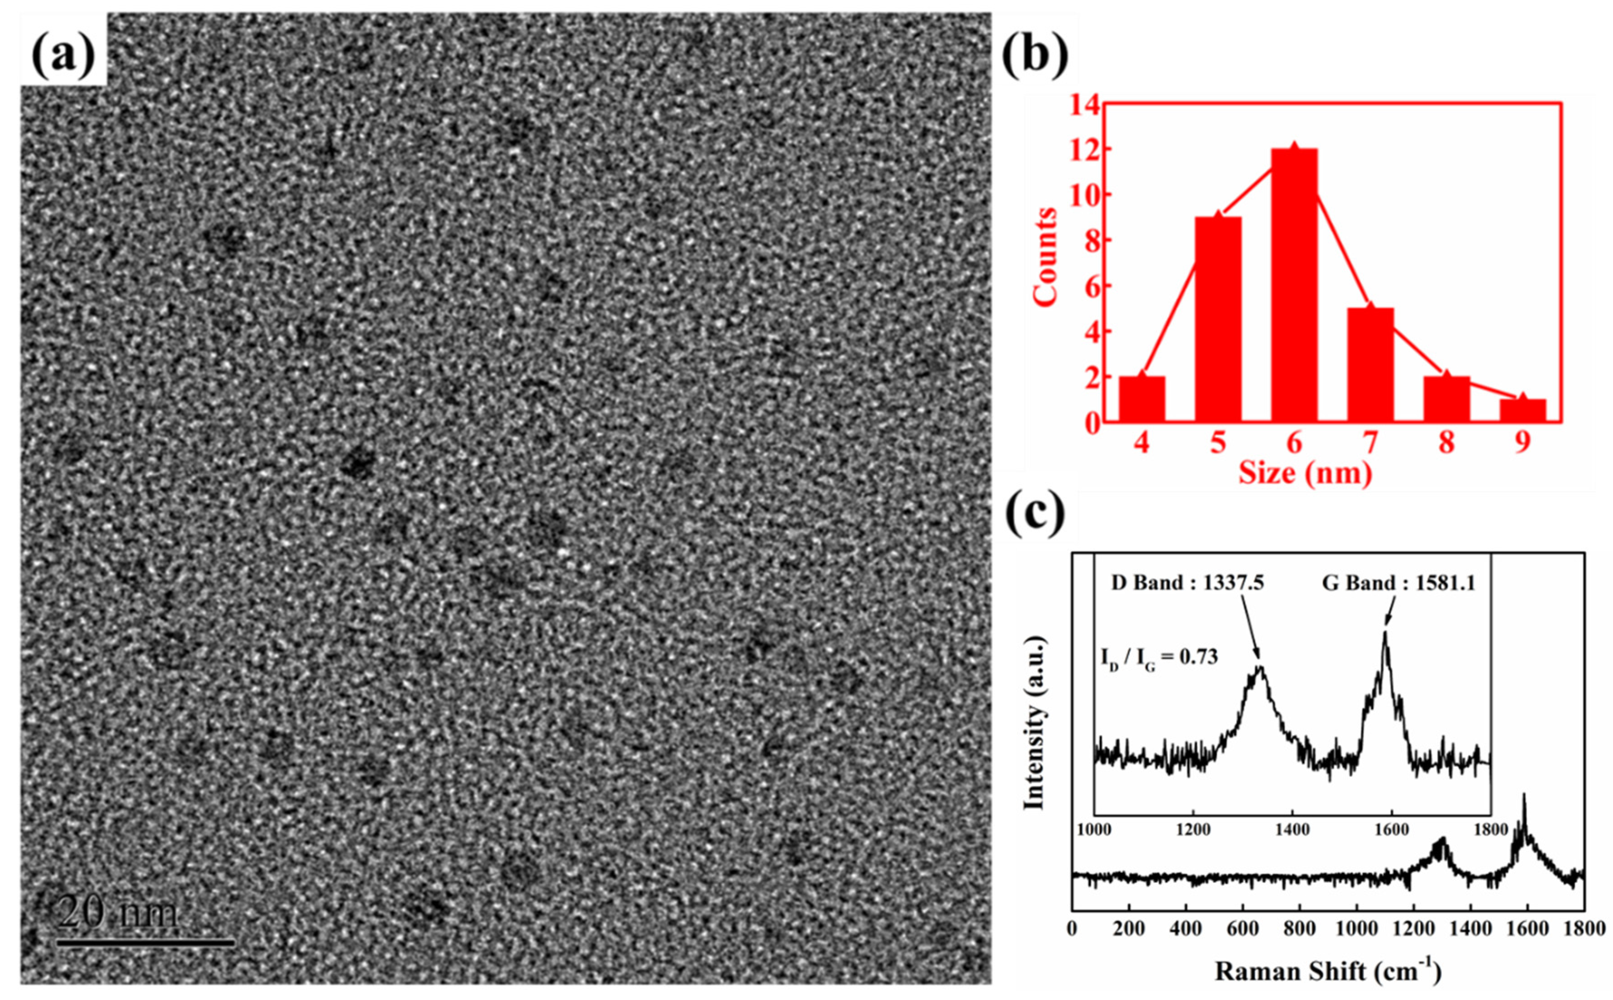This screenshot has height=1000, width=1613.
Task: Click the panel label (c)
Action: click(x=1035, y=513)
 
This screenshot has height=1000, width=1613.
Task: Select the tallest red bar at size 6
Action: click(x=1294, y=285)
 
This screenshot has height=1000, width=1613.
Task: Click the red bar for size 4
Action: click(x=1142, y=399)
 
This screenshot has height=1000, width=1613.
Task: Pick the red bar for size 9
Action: click(x=1522, y=410)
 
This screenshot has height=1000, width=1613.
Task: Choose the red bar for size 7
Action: click(x=1370, y=364)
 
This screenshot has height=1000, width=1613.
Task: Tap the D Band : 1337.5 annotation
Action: click(x=1187, y=583)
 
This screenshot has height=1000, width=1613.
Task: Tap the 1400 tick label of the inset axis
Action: click(x=1292, y=829)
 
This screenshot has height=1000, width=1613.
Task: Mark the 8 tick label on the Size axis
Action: click(x=1446, y=442)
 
